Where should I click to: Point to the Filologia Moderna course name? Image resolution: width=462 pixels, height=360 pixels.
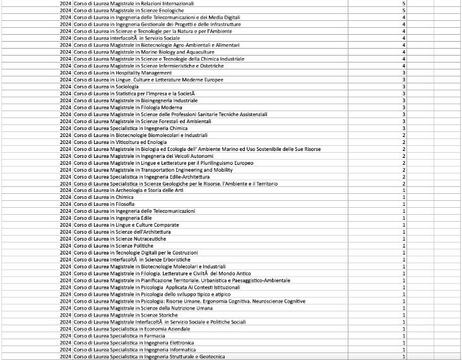pos(126,107)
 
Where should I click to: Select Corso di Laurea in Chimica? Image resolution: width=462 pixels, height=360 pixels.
pos(104,197)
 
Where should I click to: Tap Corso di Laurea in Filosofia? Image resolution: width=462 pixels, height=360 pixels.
pos(104,204)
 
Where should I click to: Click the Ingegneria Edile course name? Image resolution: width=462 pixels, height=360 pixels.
pos(113,218)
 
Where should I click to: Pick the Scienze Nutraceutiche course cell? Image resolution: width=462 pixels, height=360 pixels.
pos(120,239)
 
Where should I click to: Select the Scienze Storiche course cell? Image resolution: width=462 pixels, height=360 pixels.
pos(126,315)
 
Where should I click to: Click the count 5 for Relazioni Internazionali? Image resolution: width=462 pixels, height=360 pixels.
pos(403,4)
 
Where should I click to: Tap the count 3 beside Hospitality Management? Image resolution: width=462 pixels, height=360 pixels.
pos(403,73)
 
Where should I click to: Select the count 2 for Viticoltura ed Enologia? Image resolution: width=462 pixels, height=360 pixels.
pos(403,142)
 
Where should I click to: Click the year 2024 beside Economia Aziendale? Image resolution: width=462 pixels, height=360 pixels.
pos(66,328)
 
